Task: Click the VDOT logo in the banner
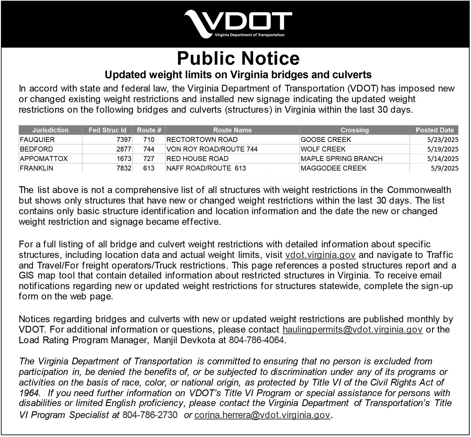click(x=238, y=24)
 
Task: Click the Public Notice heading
click(x=238, y=58)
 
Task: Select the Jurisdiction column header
click(x=50, y=130)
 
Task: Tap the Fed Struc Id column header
click(x=107, y=130)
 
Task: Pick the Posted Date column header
click(x=434, y=130)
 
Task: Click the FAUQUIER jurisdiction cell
click(x=37, y=140)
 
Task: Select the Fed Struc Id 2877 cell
click(x=124, y=149)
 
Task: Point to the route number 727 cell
click(x=149, y=159)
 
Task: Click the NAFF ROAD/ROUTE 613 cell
click(x=206, y=168)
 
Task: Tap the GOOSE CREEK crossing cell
click(x=325, y=140)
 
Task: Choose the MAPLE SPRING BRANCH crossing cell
click(x=341, y=159)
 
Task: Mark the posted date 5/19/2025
click(x=443, y=149)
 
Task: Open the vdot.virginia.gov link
click(x=320, y=255)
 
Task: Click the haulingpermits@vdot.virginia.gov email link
click(x=352, y=330)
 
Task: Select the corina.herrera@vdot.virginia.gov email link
click(x=262, y=415)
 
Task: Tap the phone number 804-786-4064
click(x=256, y=340)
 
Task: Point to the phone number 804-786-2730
click(x=150, y=415)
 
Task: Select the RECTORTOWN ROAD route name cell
click(x=202, y=140)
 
